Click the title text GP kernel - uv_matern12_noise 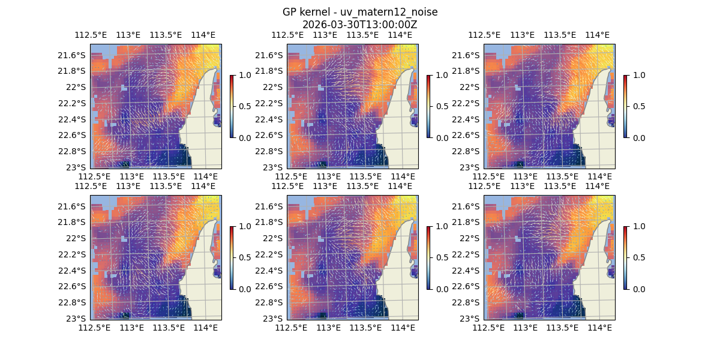click(x=359, y=12)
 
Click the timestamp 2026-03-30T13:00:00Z click(x=359, y=25)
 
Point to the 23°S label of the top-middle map click(x=275, y=167)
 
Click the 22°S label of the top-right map click(x=472, y=87)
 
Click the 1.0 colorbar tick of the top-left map click(x=245, y=75)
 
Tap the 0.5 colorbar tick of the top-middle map click(x=442, y=106)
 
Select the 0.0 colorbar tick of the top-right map click(x=638, y=137)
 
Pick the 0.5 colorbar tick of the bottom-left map click(x=245, y=257)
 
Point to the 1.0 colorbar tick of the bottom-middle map click(x=442, y=226)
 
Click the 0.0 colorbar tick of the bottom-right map click(x=638, y=289)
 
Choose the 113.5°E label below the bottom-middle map click(x=365, y=328)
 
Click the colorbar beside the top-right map click(x=625, y=106)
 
